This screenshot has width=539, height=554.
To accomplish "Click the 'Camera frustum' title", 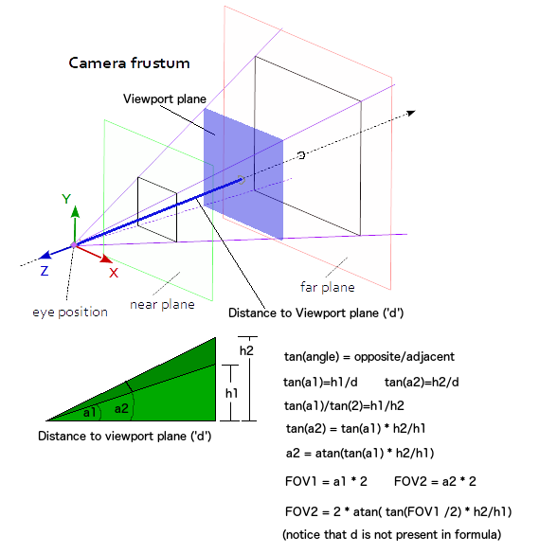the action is pyautogui.click(x=129, y=63).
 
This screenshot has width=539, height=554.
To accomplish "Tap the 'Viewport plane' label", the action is pyautogui.click(x=165, y=98).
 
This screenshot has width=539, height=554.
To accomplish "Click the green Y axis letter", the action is pyautogui.click(x=66, y=199).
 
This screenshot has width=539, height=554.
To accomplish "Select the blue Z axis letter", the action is pyautogui.click(x=45, y=271).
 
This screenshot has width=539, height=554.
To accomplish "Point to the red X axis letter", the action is pyautogui.click(x=114, y=273).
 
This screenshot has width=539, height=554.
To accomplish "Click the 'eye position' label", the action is pyautogui.click(x=70, y=313).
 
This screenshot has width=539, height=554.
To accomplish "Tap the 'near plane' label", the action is pyautogui.click(x=162, y=305).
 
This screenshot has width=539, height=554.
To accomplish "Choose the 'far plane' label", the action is pyautogui.click(x=328, y=287).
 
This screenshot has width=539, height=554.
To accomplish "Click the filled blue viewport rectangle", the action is pyautogui.click(x=243, y=174).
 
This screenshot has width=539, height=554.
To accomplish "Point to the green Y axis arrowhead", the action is pyautogui.click(x=75, y=211).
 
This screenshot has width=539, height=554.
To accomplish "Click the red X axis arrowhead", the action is pyautogui.click(x=106, y=259).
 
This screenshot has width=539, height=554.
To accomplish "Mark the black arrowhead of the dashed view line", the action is pyautogui.click(x=411, y=113).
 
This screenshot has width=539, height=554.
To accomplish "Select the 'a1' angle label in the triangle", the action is pyautogui.click(x=89, y=412).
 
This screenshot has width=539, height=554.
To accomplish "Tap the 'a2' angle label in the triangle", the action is pyautogui.click(x=121, y=409).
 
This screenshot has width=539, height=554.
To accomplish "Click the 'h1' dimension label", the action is pyautogui.click(x=231, y=393).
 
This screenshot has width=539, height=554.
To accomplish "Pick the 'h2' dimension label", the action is pyautogui.click(x=246, y=350).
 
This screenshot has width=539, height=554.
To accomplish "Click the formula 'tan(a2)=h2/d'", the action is pyautogui.click(x=422, y=383).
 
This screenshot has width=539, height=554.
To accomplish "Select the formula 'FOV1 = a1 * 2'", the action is pyautogui.click(x=326, y=481).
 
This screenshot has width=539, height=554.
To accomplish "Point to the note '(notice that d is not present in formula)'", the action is pyautogui.click(x=391, y=534).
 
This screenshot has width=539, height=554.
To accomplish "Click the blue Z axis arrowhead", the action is pyautogui.click(x=45, y=255).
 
